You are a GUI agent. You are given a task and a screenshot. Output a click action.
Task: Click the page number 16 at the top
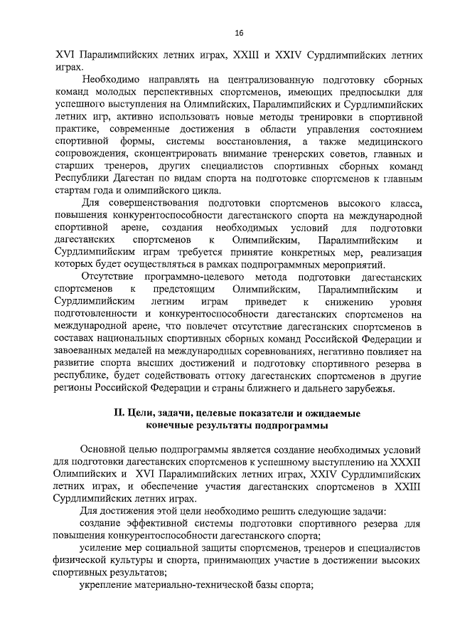[239, 33]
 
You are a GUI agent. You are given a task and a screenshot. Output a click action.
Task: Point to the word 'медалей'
[141, 351]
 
